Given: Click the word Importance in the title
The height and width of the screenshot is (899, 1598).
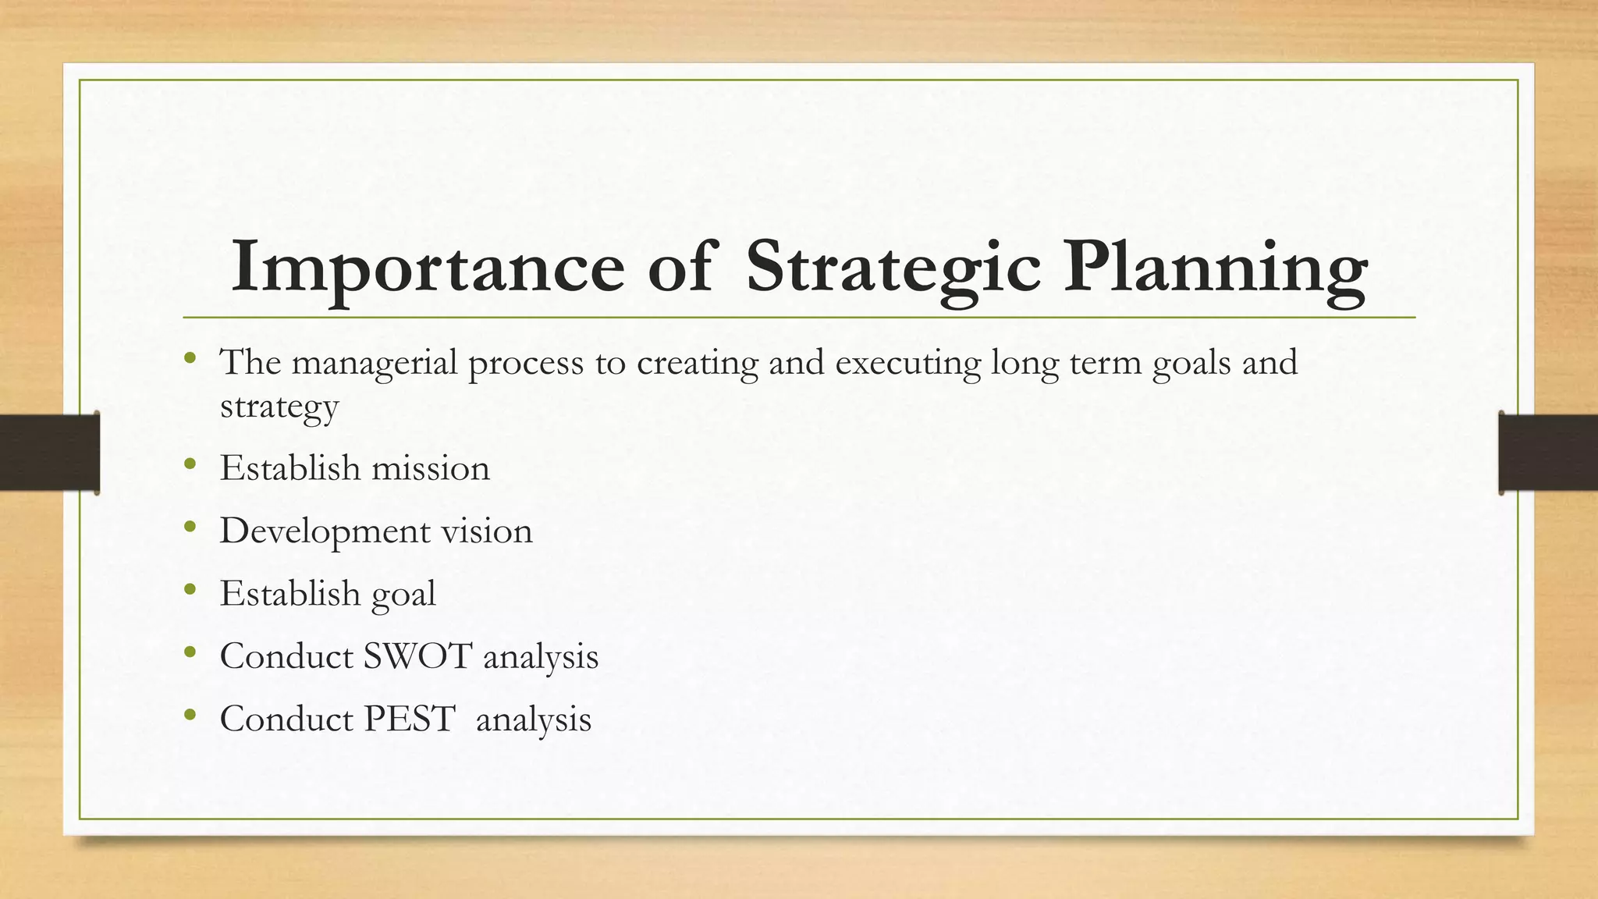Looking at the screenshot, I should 428,268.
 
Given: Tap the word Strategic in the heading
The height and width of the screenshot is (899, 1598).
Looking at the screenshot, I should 893,268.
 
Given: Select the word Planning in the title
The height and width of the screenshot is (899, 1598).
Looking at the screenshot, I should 1215,268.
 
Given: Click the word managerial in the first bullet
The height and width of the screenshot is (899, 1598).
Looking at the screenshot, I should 375,363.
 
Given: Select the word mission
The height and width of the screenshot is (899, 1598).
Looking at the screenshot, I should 431,468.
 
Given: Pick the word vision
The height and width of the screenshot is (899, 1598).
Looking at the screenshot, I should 487,531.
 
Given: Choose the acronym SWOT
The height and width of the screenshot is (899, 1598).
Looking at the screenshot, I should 417,656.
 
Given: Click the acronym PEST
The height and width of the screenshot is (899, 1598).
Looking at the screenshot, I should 409,719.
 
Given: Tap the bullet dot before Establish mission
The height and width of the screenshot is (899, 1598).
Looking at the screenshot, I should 190,466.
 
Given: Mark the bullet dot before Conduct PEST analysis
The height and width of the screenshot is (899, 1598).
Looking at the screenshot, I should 190,716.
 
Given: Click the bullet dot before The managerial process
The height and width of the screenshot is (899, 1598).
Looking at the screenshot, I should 190,360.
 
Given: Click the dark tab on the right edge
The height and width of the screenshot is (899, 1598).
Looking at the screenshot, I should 1548,453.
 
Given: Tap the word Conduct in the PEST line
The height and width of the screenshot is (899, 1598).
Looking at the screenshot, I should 286,719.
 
